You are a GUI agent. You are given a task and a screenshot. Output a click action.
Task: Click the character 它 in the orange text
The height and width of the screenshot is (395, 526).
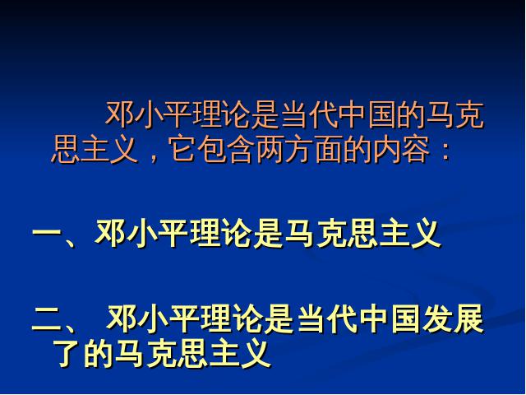pos(182,149)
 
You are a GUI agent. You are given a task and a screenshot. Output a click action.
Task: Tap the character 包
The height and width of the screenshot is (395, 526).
pos(210,149)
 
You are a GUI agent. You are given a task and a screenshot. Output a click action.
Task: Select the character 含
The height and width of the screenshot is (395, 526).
pos(240,149)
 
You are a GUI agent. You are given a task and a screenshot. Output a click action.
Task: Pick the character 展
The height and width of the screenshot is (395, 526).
pos(468,318)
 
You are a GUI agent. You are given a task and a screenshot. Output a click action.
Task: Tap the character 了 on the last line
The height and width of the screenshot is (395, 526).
pos(67,353)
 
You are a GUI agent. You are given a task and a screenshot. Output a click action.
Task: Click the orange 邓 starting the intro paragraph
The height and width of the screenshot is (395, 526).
pos(119,115)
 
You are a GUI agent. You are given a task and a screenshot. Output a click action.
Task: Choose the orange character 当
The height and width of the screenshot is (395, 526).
pos(294,115)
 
